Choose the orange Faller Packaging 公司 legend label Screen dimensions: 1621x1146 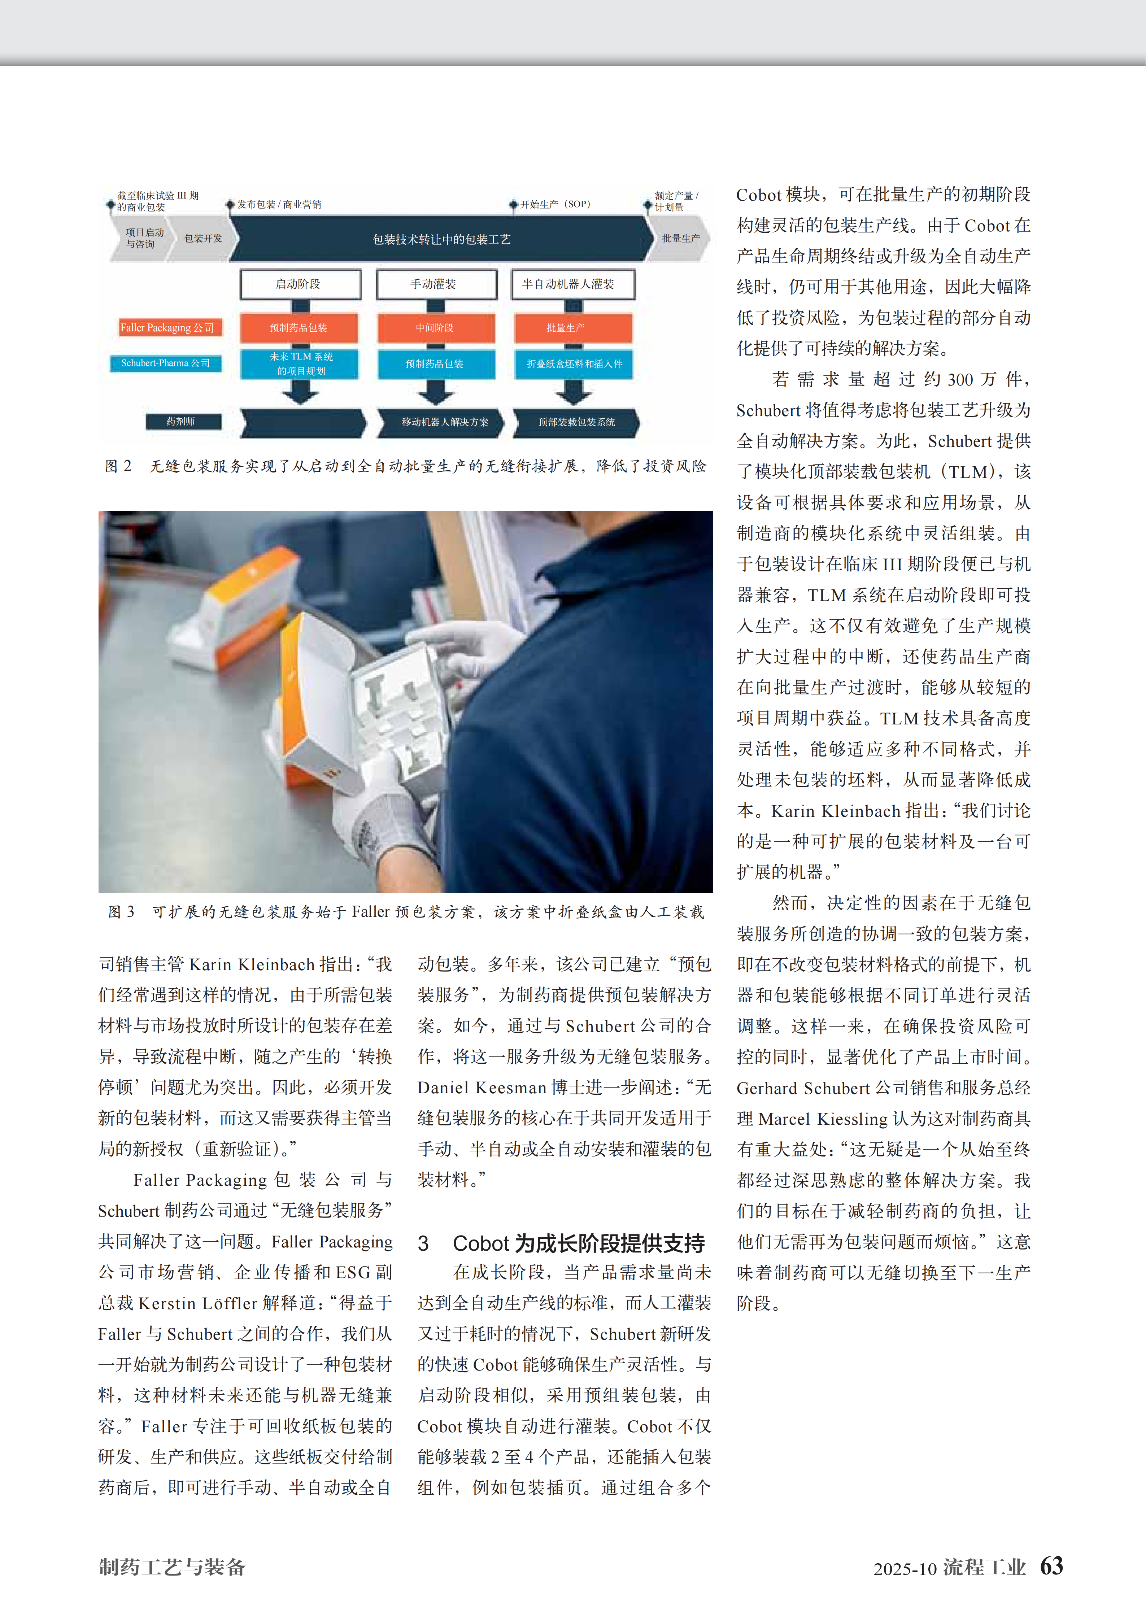pos(167,328)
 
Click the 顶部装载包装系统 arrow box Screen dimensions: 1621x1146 pos(575,422)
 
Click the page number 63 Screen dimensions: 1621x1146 pos(1051,1566)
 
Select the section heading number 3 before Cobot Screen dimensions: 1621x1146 pos(423,1243)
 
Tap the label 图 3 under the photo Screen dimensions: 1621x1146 pos(121,912)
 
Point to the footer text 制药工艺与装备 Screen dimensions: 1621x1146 pos(172,1567)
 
